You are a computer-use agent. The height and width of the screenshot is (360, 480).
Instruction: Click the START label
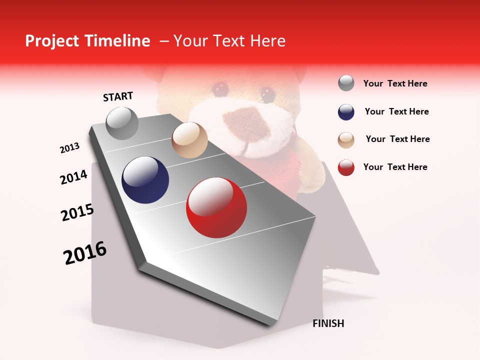[x=118, y=96]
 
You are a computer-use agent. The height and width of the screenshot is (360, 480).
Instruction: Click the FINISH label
[x=328, y=323]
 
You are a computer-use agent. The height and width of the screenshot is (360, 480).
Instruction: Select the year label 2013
[x=69, y=148]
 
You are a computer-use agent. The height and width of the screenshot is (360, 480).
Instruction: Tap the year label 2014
[x=73, y=177]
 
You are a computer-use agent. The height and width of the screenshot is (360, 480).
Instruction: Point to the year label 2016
[x=85, y=253]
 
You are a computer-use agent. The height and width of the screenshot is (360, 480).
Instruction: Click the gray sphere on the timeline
[x=122, y=123]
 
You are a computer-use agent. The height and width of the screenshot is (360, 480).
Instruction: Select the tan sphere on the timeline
[x=189, y=140]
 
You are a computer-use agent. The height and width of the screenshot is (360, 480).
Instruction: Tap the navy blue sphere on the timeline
[x=145, y=180]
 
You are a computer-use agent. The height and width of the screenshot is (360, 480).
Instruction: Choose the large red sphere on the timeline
[x=216, y=207]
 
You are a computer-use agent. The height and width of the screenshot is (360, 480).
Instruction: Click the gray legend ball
[x=346, y=83]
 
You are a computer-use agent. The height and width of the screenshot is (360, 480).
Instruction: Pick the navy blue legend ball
[x=346, y=112]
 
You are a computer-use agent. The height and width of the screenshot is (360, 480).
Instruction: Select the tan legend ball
[x=346, y=140]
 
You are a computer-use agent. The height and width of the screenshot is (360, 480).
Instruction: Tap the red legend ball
[x=346, y=167]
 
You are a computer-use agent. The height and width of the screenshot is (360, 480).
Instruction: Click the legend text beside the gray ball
[x=395, y=83]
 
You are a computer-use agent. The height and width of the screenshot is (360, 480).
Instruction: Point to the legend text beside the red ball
[x=395, y=167]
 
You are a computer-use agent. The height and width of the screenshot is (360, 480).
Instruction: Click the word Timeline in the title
[x=117, y=41]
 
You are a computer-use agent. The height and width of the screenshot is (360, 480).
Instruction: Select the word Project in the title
[x=52, y=41]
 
